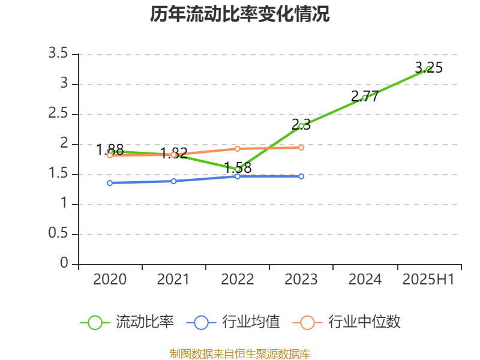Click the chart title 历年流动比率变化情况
240,14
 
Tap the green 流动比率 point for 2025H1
428,69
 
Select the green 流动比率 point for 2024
365,98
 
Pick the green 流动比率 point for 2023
301,126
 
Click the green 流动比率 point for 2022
238,169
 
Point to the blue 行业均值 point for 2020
110,183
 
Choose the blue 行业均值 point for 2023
301,176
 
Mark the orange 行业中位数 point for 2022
238,149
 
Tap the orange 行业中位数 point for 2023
301,148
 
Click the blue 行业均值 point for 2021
173,181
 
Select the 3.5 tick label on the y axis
58,54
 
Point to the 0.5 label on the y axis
58,234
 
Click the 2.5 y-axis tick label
58,114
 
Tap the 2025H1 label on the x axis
428,280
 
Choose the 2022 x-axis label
238,280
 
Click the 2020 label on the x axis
110,280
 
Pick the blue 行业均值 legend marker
201,322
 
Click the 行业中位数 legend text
364,322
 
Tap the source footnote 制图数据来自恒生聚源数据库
240,353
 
